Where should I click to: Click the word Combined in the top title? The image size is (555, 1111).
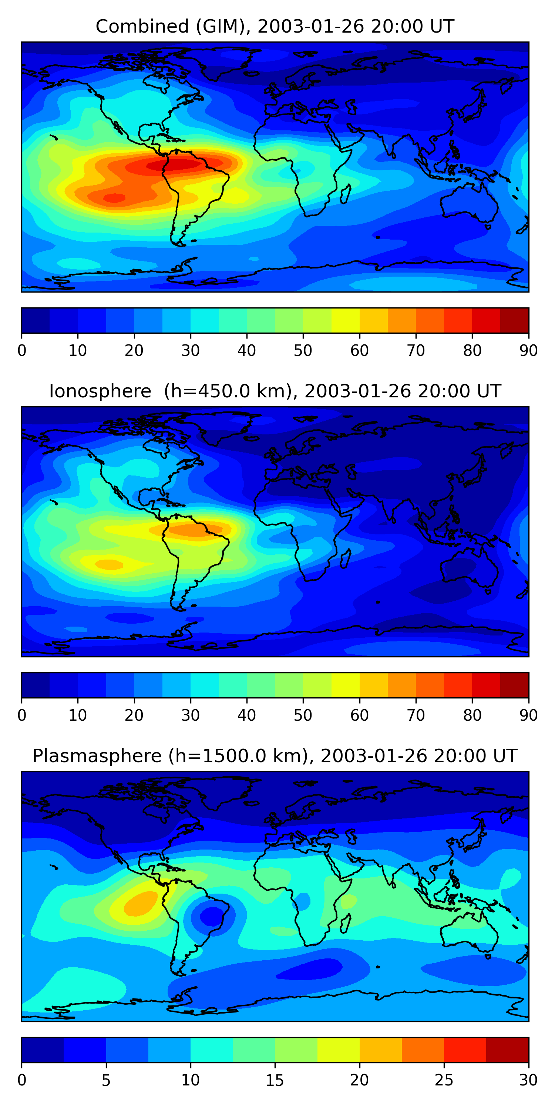click(142, 27)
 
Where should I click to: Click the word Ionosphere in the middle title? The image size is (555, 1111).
click(100, 391)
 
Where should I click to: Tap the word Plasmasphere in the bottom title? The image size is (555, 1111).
click(97, 756)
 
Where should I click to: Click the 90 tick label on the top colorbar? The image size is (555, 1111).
click(528, 351)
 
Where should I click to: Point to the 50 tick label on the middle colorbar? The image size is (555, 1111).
click(303, 715)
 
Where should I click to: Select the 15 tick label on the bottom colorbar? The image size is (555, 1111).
click(275, 1080)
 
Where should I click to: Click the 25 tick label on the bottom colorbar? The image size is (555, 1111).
click(444, 1080)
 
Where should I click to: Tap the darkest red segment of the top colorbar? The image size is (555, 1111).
click(515, 320)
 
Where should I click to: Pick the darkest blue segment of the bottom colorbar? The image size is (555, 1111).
click(42, 1050)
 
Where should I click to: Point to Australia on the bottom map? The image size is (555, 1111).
click(469, 933)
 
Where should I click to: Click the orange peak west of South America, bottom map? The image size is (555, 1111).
click(140, 903)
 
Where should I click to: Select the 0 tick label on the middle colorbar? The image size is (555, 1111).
click(21, 715)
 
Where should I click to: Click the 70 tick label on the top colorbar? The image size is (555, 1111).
click(416, 351)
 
